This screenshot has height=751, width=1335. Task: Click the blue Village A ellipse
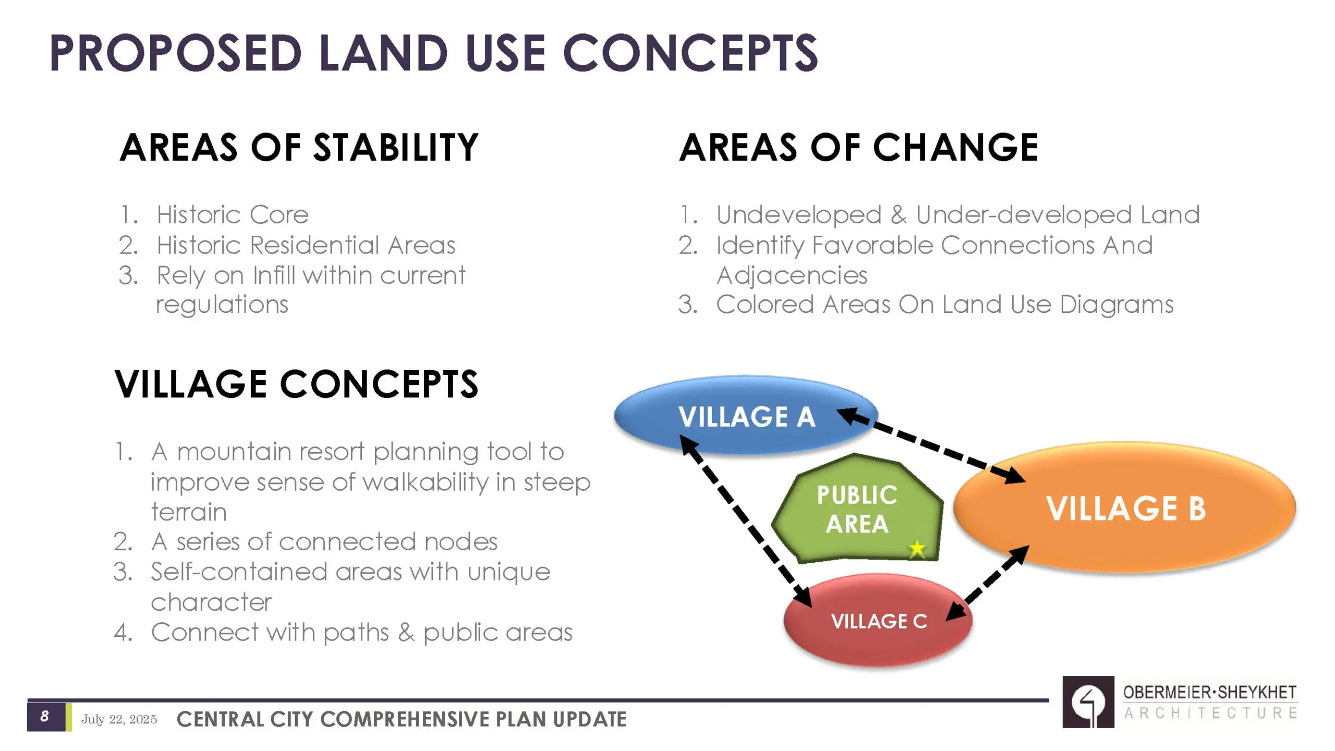coord(746,415)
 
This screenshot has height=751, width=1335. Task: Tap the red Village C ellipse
coord(878,620)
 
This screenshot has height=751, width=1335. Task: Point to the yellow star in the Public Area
coord(917,549)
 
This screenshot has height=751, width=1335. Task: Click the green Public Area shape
coord(857,508)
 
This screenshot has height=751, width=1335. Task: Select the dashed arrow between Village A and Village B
coord(931,446)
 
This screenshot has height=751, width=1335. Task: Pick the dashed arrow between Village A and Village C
coord(746,522)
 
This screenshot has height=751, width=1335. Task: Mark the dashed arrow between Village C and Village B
coord(988,583)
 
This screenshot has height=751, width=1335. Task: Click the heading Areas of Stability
coord(299,148)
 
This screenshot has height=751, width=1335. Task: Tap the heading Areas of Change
coord(858,148)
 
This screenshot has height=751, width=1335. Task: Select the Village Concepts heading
coord(296,384)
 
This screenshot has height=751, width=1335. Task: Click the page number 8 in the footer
coord(44,716)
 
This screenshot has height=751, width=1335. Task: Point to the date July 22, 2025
coord(119,719)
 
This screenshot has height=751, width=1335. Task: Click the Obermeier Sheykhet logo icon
coord(1088,702)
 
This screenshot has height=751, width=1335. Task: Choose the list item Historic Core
coord(233,214)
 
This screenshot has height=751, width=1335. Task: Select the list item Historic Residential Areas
coord(306,245)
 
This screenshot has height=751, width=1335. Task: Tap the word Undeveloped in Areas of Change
coord(799,214)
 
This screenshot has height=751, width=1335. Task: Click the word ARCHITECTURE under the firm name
coord(1210,713)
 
